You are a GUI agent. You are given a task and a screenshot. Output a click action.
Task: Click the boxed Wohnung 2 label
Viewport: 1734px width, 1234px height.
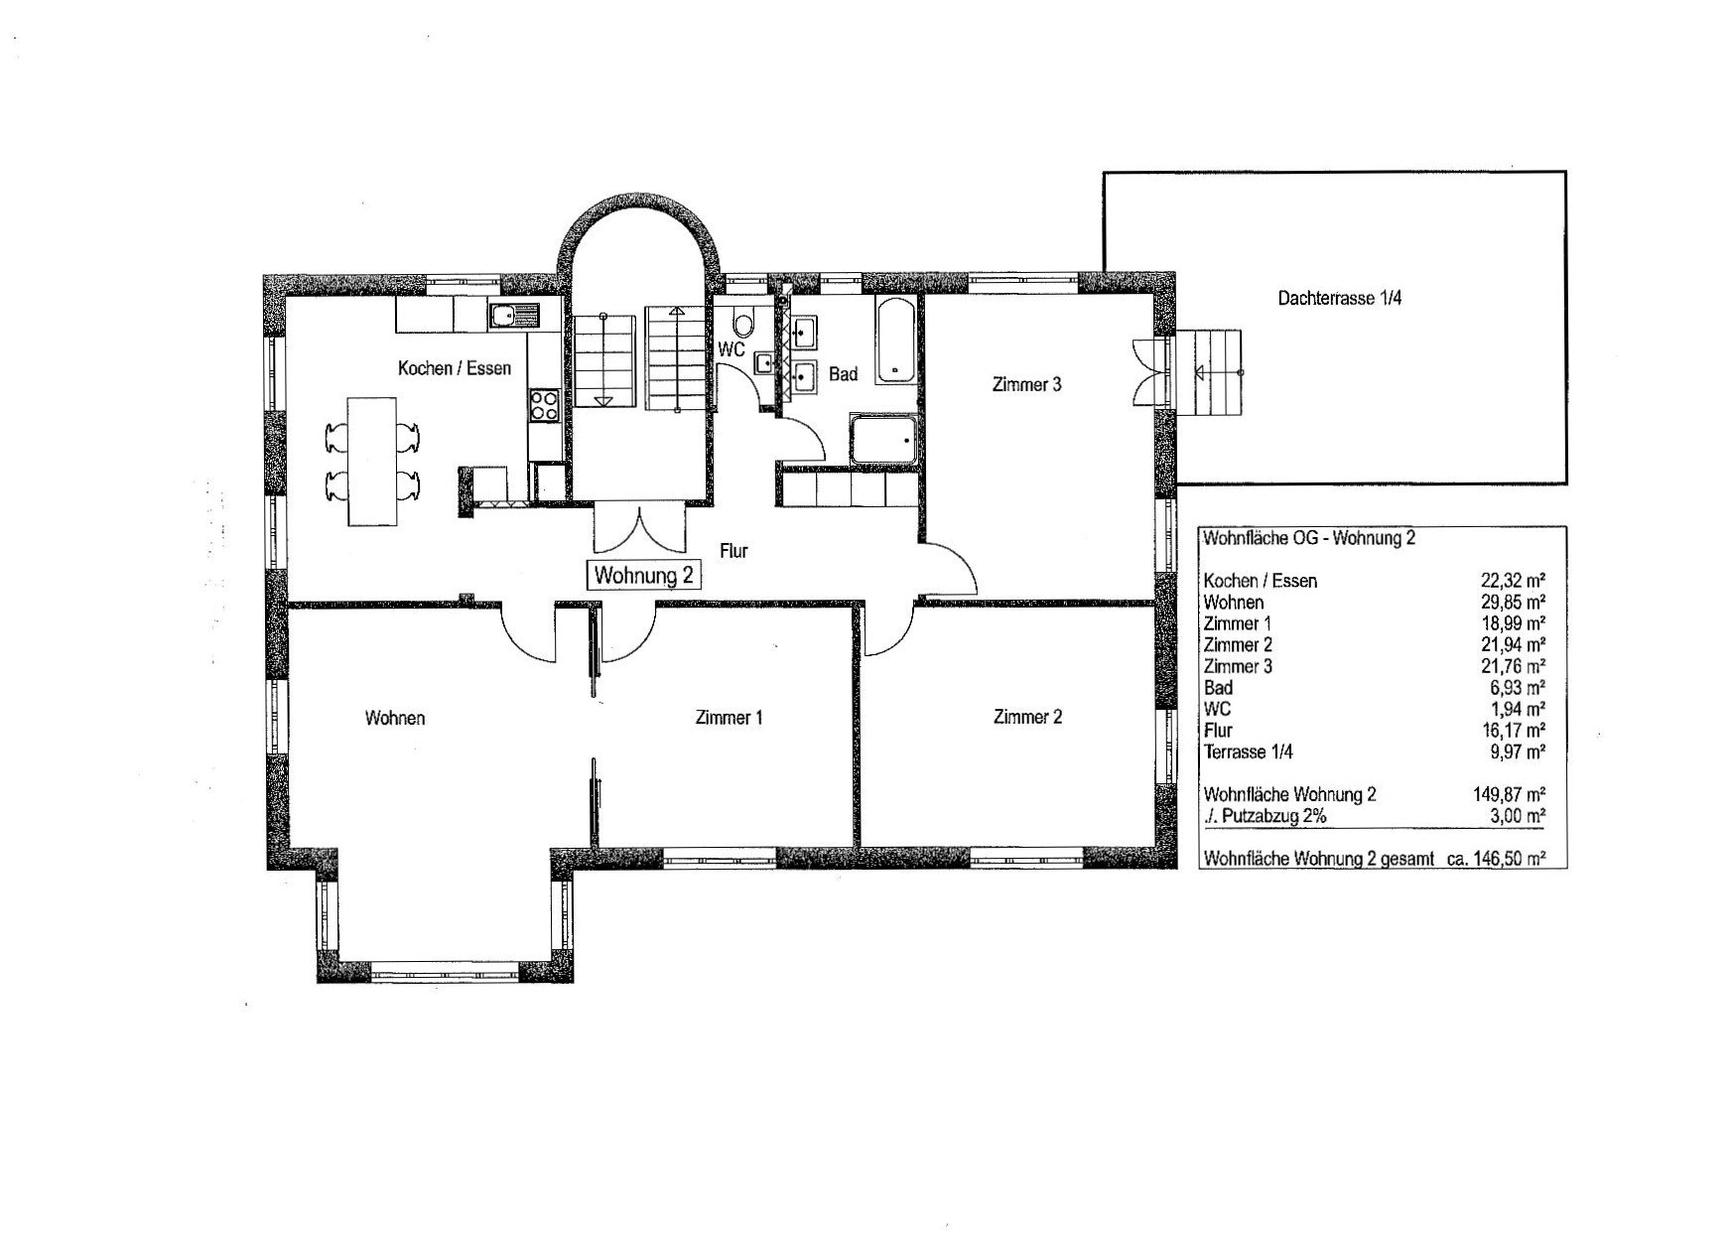point(644,575)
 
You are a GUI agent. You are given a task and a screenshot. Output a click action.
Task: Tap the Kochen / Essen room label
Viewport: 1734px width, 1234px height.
point(455,368)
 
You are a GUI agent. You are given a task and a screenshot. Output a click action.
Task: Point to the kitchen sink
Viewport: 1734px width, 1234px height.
point(513,316)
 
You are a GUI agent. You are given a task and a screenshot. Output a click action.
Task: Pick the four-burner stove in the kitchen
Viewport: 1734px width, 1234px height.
point(544,404)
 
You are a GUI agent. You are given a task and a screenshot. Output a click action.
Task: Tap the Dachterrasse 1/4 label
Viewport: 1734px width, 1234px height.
point(1339,297)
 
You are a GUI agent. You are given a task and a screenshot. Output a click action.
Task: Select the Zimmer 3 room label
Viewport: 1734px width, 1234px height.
point(1026,384)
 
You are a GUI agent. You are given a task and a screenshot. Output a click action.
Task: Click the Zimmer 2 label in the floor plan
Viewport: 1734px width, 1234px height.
point(1027,716)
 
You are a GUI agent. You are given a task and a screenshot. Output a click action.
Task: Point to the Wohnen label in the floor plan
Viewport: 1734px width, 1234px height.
point(395,717)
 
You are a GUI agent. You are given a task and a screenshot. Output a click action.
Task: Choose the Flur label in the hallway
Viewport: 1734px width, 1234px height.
point(734,551)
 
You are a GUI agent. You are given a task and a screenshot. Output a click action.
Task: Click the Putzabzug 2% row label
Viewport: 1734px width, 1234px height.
point(1265,816)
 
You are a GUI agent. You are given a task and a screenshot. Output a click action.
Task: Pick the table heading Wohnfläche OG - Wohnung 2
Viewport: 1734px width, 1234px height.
point(1308,538)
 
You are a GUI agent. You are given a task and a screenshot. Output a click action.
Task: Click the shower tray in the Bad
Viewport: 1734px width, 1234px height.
point(883,440)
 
